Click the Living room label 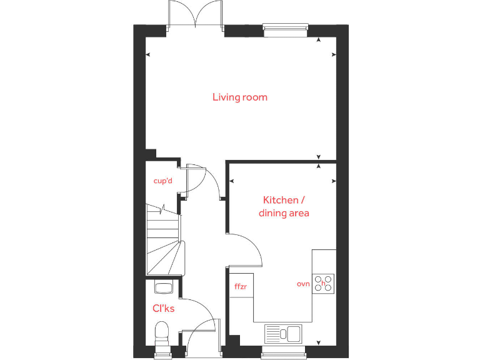pos(240,97)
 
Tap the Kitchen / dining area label pos(284,206)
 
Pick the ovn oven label pos(304,284)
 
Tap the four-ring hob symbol pos(324,283)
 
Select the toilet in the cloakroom pos(162,332)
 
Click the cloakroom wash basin pos(162,287)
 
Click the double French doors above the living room pos(196,14)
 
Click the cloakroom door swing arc pos(203,312)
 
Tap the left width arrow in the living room pos(148,55)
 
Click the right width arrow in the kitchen pos(333,181)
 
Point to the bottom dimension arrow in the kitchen pos(319,342)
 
